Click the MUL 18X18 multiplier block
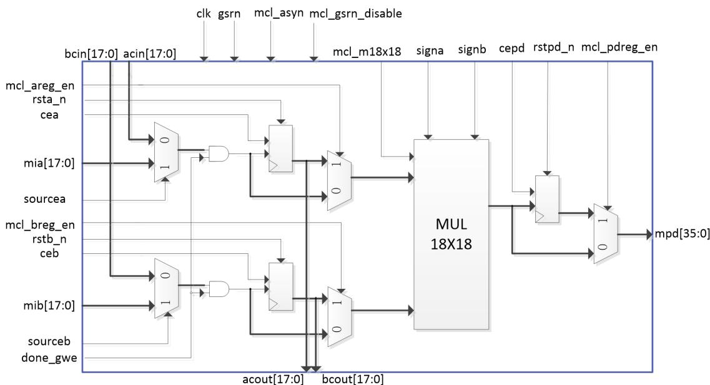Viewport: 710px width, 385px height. coord(451,235)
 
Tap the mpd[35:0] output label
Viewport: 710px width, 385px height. coord(682,234)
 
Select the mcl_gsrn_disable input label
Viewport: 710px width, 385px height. coord(355,14)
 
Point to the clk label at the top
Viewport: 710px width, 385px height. coord(204,14)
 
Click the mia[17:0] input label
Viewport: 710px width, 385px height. coord(49,163)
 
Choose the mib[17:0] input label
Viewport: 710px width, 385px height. coord(49,306)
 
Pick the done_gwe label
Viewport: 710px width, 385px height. coord(49,358)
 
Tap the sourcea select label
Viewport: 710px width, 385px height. coord(44,199)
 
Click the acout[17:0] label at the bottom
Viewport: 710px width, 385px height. coord(273,379)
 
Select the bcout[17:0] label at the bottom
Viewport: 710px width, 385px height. coord(353,379)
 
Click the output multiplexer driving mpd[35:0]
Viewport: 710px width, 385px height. coord(606,233)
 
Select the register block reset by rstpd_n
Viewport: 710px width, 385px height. coord(547,199)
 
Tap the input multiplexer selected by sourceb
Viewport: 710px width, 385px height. coord(166,288)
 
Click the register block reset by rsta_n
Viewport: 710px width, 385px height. coord(281,149)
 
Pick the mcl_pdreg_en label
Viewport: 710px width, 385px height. coord(619,47)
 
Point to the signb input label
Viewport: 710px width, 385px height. coord(472,49)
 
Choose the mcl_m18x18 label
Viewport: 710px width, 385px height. coord(367,52)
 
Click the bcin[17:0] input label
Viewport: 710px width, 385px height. coord(91,54)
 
